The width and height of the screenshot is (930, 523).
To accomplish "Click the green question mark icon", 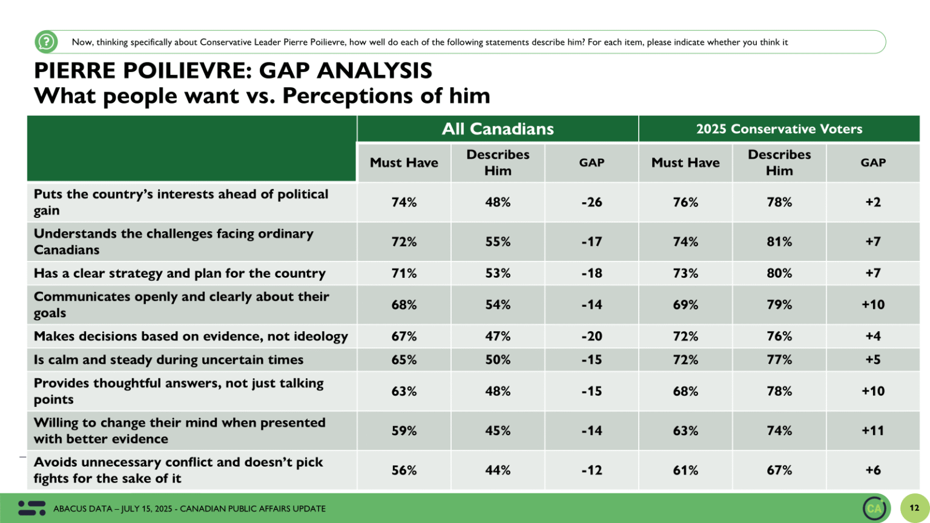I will click(46, 42).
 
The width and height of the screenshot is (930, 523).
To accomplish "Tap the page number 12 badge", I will click(914, 508).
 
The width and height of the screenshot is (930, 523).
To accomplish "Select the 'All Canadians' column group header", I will click(498, 129).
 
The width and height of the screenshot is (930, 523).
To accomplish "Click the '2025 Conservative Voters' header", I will click(779, 129).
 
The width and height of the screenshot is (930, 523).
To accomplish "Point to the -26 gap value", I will click(592, 202).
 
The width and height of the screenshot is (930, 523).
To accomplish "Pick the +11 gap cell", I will click(872, 430).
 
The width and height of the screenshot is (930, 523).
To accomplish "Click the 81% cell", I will click(779, 242).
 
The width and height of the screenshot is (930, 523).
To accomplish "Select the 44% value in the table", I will click(497, 470).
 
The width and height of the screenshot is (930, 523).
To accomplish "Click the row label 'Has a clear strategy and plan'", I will click(180, 273).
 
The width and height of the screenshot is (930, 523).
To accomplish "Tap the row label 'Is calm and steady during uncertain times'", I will click(169, 360).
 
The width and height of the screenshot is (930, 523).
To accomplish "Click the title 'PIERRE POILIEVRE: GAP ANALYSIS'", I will click(233, 71).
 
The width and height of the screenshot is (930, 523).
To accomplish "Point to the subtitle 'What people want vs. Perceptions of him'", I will click(262, 96).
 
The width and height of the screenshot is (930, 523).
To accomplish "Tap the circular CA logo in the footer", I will click(874, 508).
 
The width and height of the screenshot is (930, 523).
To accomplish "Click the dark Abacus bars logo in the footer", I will click(31, 508).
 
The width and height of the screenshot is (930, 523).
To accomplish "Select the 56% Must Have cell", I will click(404, 470).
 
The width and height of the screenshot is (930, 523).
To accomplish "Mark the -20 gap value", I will click(592, 336).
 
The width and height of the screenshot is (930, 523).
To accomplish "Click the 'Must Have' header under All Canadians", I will click(404, 162).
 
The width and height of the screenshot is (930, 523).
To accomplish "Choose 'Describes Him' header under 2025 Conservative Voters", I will click(779, 162).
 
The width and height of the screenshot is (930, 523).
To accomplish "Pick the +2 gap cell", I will click(872, 202).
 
